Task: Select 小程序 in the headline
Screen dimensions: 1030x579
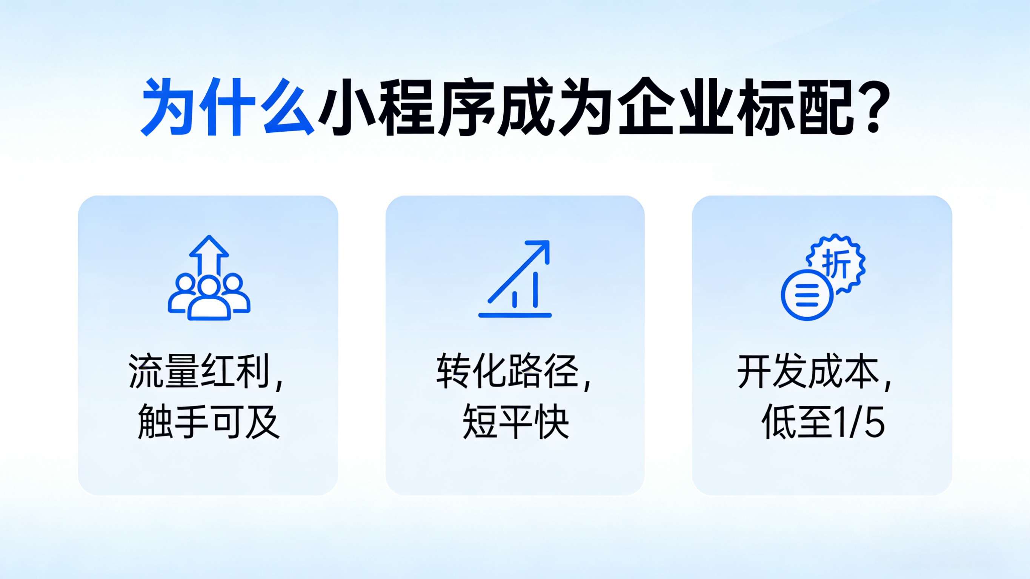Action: click(406, 107)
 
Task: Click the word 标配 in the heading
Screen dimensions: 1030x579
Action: click(796, 107)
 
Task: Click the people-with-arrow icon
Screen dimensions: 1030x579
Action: click(209, 278)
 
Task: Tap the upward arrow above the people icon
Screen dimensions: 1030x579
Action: click(209, 256)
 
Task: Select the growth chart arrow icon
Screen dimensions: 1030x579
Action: click(515, 279)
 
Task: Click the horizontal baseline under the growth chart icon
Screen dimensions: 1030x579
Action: click(515, 315)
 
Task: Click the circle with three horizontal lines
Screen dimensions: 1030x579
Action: click(807, 295)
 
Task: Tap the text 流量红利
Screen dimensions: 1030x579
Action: click(199, 371)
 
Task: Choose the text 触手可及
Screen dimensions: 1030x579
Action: click(208, 421)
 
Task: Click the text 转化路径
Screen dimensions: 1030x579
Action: click(507, 371)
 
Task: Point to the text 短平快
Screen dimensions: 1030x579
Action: click(515, 421)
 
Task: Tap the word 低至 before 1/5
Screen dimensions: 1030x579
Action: click(798, 421)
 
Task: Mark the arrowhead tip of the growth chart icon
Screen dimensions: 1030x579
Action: click(549, 241)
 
